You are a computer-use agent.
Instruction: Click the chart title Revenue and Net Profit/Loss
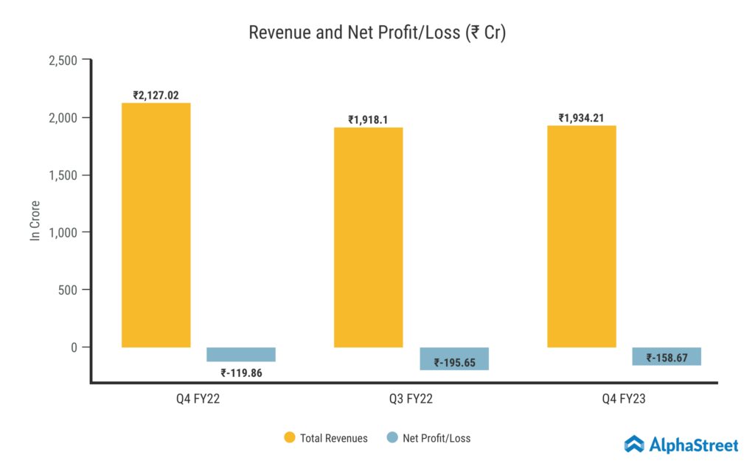point(377,33)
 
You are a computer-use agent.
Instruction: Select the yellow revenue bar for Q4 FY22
point(156,225)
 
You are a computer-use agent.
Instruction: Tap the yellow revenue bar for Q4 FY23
point(582,236)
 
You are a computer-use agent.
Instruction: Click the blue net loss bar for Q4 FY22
point(241,355)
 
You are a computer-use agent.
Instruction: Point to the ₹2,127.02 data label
point(156,95)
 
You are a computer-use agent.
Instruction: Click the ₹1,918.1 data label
point(369,119)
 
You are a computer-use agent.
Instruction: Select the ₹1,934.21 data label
point(582,118)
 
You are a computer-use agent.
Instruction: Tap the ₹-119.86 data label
point(241,373)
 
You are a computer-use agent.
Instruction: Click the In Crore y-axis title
point(34,220)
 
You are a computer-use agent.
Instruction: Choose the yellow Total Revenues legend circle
point(290,438)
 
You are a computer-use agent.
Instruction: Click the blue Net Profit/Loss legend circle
point(392,438)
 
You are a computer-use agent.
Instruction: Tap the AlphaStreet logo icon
point(634,444)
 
